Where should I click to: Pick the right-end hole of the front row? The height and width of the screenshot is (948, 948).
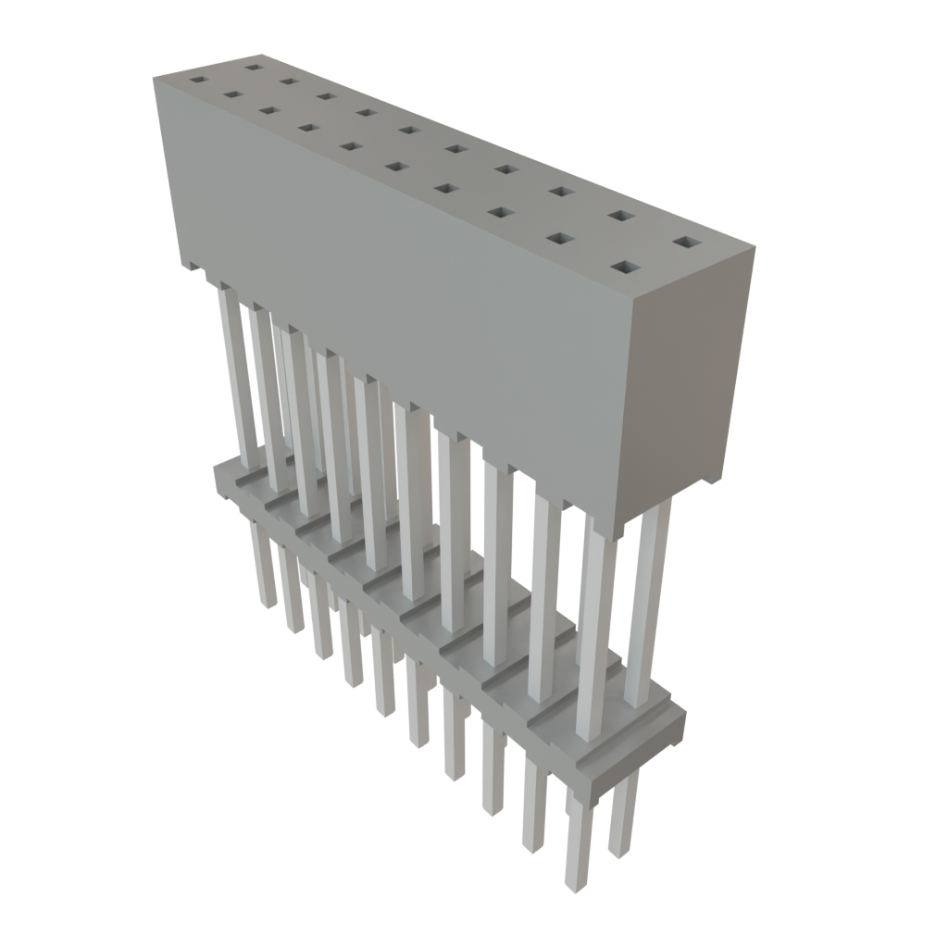tap(626, 268)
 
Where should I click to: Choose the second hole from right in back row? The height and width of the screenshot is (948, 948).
tap(619, 217)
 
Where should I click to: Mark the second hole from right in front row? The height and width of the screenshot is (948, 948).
tap(559, 239)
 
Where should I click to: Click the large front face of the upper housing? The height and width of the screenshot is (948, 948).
tap(407, 278)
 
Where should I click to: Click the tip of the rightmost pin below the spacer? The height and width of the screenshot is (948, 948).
tap(618, 852)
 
